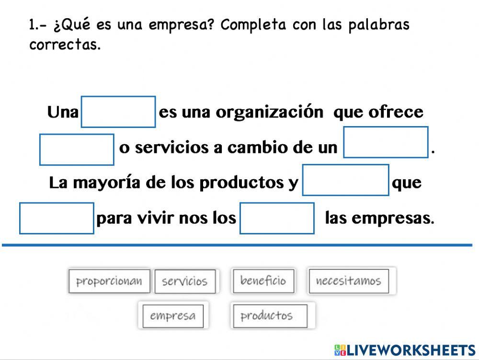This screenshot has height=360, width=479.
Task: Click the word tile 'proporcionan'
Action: (109, 281)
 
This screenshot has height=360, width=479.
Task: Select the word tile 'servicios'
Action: (184, 281)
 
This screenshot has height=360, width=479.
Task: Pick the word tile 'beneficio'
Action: (263, 280)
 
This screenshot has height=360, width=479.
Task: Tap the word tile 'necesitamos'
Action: (348, 281)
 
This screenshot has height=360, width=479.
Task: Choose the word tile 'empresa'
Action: (173, 316)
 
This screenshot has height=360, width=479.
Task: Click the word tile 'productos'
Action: (266, 316)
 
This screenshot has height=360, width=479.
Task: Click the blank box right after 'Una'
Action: (118, 112)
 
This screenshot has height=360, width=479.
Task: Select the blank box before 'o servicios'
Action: (77, 150)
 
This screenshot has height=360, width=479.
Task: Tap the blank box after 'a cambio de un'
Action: (386, 142)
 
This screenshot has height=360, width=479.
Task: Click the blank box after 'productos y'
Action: (345, 180)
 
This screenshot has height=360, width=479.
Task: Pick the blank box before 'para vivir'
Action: (57, 218)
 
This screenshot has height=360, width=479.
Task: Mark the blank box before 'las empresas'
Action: (277, 218)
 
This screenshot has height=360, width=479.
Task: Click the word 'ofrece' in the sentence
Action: (396, 112)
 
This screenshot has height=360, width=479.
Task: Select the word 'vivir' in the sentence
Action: (156, 219)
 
